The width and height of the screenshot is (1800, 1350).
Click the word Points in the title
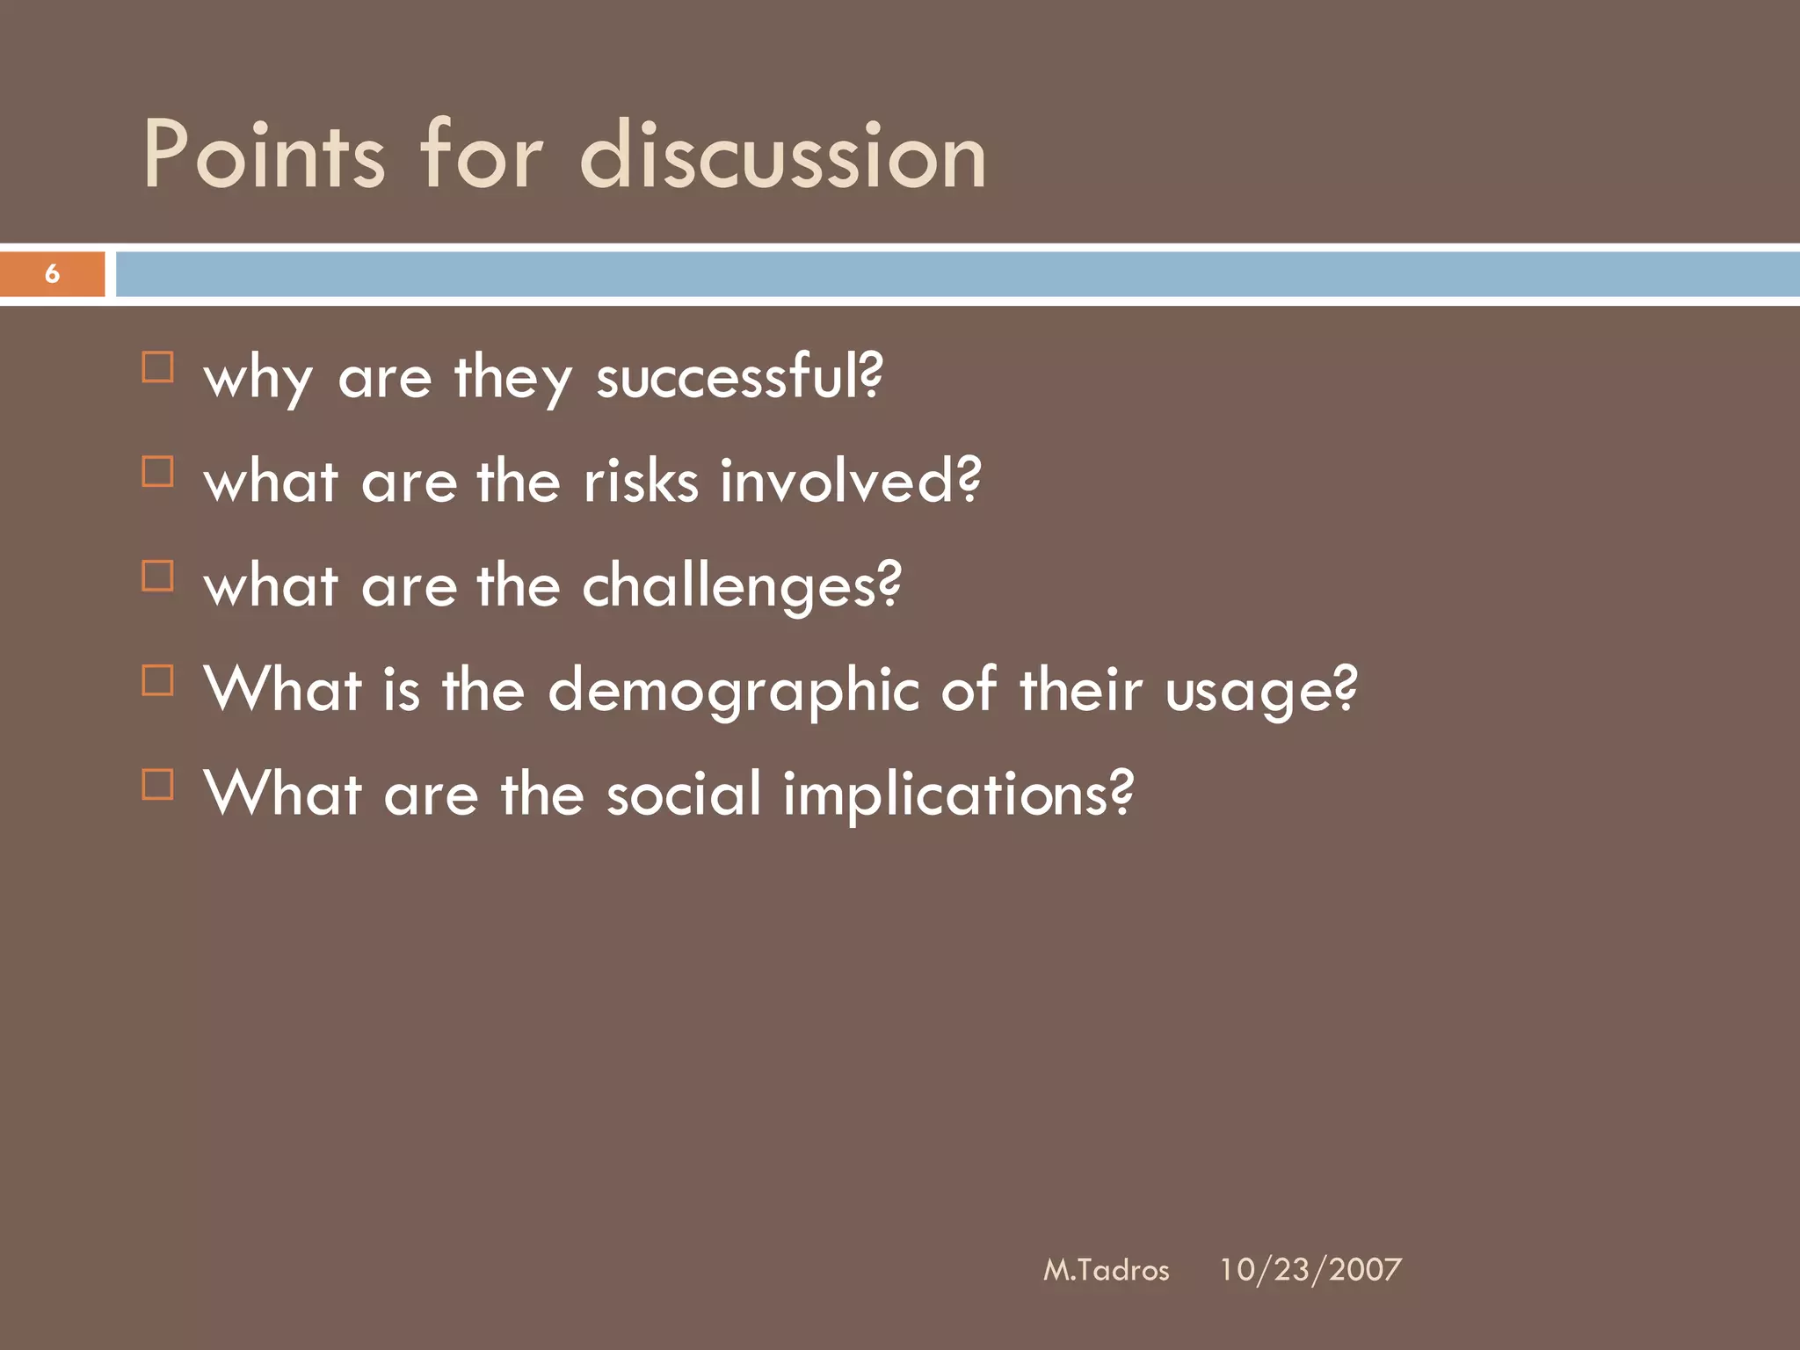click(264, 156)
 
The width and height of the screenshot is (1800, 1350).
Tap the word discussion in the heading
click(782, 156)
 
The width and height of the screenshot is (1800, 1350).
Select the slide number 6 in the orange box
click(52, 274)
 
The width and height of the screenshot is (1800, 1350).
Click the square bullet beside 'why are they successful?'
click(158, 367)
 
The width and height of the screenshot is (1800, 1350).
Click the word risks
click(641, 482)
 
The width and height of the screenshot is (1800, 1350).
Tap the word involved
click(849, 482)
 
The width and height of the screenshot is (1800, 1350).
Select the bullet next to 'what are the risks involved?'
click(158, 472)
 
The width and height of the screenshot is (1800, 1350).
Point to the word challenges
click(741, 586)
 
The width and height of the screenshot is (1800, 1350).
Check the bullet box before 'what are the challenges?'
click(158, 577)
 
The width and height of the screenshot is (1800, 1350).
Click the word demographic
click(733, 691)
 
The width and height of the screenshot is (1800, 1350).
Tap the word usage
click(1260, 691)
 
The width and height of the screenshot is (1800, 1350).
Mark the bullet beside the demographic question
click(158, 680)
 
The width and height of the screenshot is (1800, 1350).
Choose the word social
click(684, 794)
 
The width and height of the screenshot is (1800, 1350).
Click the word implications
click(957, 794)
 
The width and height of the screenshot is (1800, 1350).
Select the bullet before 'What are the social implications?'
click(158, 784)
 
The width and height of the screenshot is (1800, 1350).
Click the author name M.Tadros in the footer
click(1106, 1270)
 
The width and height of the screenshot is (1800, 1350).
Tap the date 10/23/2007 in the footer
click(1310, 1270)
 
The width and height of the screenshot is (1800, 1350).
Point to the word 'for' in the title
click(482, 156)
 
